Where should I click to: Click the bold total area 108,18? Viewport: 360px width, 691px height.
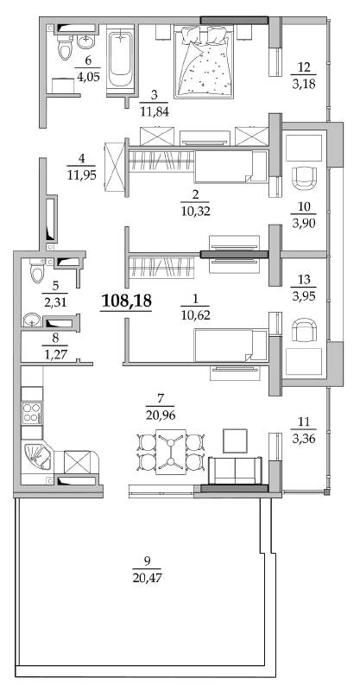(127, 301)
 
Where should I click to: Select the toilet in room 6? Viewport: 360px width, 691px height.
(65, 48)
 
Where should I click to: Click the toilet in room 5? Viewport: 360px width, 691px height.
(36, 270)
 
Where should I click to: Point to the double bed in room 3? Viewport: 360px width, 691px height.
(204, 60)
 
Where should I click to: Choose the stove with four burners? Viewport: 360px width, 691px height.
(32, 413)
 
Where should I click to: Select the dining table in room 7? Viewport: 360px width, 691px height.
(171, 451)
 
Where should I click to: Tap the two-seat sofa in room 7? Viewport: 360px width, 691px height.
(236, 470)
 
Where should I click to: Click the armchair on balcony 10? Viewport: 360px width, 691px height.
(304, 177)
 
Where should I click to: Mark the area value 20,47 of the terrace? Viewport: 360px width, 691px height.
(147, 577)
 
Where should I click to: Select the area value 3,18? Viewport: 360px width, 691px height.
(304, 84)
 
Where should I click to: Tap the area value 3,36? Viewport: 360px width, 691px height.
(303, 439)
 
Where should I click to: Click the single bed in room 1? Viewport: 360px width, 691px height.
(231, 345)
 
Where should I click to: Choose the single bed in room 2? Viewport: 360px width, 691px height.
(231, 166)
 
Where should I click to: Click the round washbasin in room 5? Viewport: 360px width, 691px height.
(31, 319)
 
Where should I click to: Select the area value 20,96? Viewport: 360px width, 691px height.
(160, 415)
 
